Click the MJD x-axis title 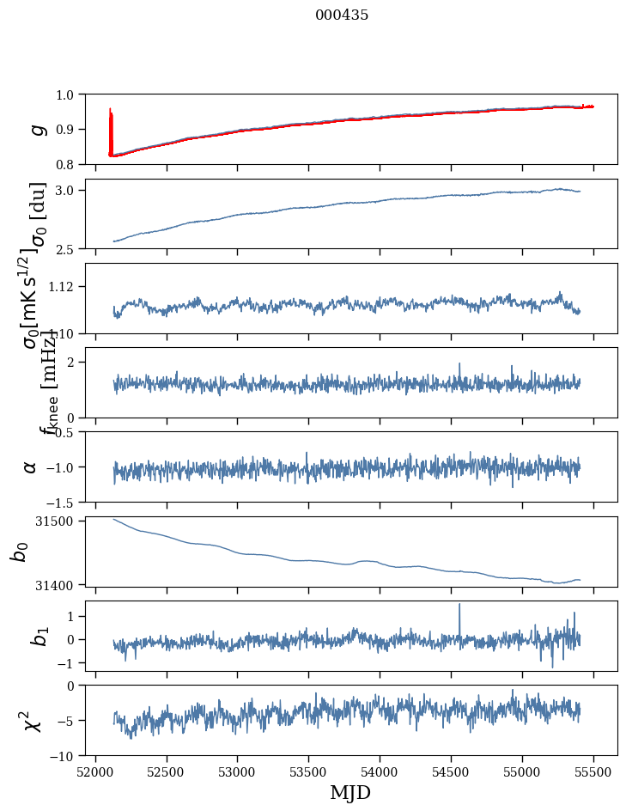click(x=350, y=793)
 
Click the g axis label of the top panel click(x=36, y=129)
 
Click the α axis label click(x=31, y=466)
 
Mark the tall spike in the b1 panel click(x=459, y=606)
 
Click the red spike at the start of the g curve click(x=111, y=120)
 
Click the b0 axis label click(x=20, y=552)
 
